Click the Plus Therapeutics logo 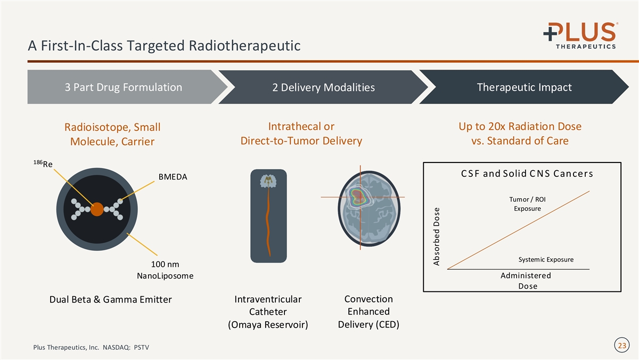click(579, 35)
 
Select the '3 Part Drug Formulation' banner click(123, 87)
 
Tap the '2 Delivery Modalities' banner click(323, 87)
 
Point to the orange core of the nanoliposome click(97, 209)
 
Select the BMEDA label click(173, 177)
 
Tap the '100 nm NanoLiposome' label click(165, 271)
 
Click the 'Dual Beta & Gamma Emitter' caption click(110, 300)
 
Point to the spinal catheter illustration click(268, 215)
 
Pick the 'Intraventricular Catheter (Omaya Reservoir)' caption click(268, 312)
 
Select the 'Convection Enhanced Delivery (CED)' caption click(368, 312)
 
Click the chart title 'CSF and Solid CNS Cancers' click(527, 174)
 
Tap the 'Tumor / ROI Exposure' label click(527, 204)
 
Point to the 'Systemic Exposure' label click(545, 260)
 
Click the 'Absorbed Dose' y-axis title click(437, 236)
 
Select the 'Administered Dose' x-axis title click(526, 281)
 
